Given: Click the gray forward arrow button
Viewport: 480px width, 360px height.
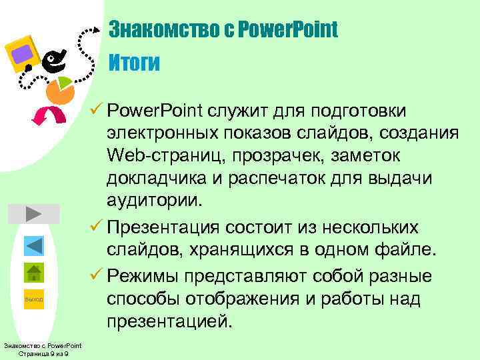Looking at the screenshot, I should coord(34,214).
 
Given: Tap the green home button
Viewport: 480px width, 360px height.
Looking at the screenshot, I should coord(34,274).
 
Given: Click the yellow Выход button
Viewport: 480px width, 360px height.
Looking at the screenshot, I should coord(34,300).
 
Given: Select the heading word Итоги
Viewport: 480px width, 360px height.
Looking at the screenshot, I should coord(134,63).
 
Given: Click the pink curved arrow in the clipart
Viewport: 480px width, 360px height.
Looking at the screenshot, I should coord(50,115).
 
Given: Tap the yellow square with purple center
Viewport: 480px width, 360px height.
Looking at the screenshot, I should coord(23,53).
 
